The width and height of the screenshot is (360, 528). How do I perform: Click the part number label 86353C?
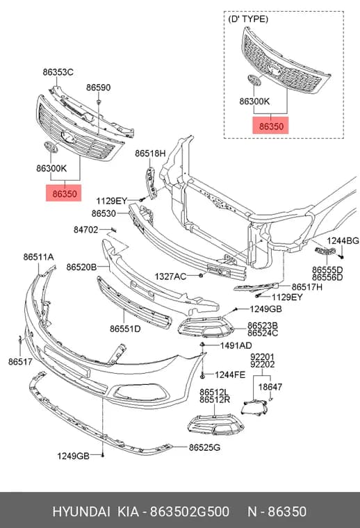coord(58,72)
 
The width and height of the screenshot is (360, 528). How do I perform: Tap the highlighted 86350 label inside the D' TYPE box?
coord(271,126)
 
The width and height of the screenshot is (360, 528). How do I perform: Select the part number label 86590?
coord(98,88)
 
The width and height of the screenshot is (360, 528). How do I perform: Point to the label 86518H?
coord(150,154)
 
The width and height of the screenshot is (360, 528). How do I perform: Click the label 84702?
coord(86,230)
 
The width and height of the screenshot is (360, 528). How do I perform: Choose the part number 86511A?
coord(38,256)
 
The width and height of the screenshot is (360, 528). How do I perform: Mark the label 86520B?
coord(81,267)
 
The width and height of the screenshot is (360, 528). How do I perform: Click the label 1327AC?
coord(170,277)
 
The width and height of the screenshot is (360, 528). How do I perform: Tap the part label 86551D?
coord(125,329)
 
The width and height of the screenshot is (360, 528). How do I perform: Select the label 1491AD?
coord(236,345)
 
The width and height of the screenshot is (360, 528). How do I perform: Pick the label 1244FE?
coord(230,374)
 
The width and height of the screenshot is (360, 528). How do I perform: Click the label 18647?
coord(270,387)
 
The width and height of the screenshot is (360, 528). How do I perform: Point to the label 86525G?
coord(204,447)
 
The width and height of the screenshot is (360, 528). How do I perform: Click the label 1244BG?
coord(343,240)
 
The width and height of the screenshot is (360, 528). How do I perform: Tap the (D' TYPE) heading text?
coord(248,19)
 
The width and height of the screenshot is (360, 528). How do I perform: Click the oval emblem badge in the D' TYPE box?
coord(254,81)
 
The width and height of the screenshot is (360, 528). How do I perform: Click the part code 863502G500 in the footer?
coord(189,511)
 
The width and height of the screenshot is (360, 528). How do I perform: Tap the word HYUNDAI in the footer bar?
coord(81,511)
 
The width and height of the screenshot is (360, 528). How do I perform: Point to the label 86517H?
coord(307,286)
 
